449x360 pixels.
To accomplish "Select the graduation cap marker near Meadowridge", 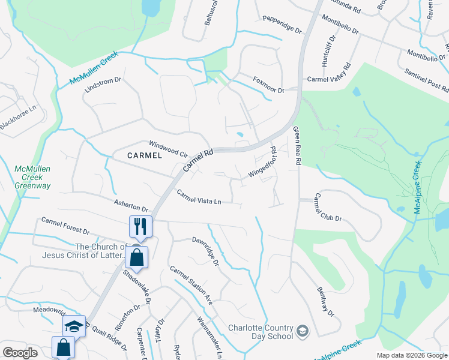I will (74, 326).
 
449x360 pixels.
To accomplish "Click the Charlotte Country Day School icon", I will (303, 331).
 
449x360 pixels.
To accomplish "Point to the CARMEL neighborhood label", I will (145, 155).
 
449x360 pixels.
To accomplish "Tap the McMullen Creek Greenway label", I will (32, 178).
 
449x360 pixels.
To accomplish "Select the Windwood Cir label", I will (168, 145).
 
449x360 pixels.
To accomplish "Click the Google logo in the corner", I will (20, 352).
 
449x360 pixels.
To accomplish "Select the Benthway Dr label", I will (325, 301).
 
